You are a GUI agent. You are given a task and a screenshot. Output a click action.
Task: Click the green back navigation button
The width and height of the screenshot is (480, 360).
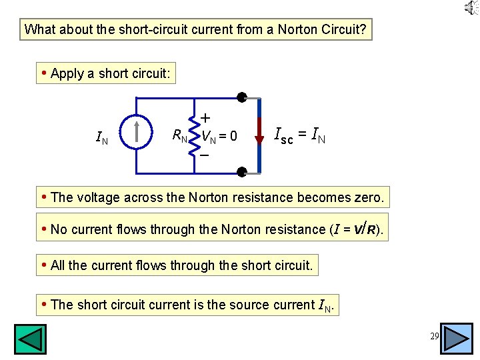pos(30,339)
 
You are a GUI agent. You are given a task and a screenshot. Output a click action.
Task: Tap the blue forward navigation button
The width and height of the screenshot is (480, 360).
pos(457,339)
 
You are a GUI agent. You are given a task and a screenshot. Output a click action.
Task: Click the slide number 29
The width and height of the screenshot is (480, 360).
pos(434,336)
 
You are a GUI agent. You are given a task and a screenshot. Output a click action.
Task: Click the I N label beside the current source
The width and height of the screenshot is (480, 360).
pos(102,138)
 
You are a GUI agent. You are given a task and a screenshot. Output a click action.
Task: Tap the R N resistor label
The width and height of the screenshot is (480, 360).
pos(179,136)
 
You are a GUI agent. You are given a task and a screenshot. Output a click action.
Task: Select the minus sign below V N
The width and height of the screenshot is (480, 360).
pos(205,155)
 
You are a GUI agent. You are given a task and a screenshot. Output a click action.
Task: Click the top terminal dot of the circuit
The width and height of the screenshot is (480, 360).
pos(241,98)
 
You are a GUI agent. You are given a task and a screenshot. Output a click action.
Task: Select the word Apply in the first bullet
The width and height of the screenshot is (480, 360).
pos(67,73)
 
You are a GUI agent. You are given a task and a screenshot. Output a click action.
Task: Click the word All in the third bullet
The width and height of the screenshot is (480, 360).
pos(59,265)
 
